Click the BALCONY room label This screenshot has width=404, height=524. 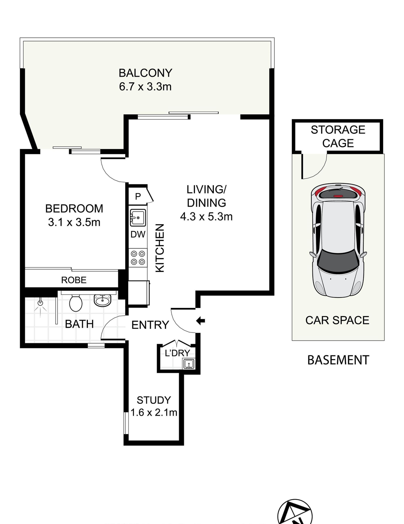[x=145, y=73]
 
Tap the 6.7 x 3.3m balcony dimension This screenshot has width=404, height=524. [x=145, y=86]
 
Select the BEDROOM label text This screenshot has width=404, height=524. [x=74, y=209]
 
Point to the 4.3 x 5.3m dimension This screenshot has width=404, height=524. [x=206, y=216]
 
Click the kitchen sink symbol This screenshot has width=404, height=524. [x=138, y=218]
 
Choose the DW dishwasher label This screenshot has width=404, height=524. [x=138, y=235]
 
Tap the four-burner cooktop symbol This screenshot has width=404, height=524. [x=138, y=257]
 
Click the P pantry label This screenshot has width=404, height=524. [x=138, y=197]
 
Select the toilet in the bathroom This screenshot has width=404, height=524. [x=76, y=303]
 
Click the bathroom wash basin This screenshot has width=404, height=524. [x=102, y=300]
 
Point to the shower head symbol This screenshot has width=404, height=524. [x=41, y=303]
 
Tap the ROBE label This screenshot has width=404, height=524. [x=74, y=280]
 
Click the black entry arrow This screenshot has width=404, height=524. [x=201, y=321]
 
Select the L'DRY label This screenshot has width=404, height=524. [x=177, y=353]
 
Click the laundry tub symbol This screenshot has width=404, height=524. [x=188, y=364]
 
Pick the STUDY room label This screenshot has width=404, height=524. [x=154, y=400]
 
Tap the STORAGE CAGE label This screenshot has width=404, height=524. [x=338, y=136]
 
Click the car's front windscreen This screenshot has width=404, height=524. [x=338, y=261]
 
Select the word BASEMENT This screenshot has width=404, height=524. [x=338, y=360]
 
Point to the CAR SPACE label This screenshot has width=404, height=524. [x=337, y=320]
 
